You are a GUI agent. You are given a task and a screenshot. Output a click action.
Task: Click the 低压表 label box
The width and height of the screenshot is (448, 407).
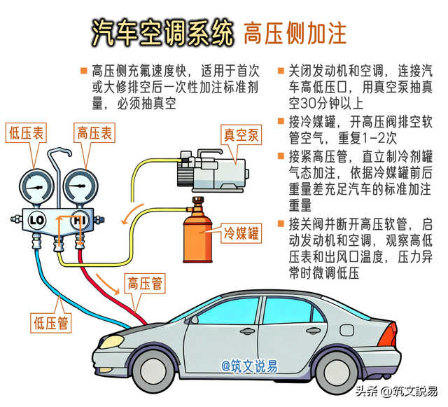pos(25,132)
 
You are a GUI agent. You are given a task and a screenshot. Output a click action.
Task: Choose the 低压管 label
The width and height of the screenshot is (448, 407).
pos(51,322)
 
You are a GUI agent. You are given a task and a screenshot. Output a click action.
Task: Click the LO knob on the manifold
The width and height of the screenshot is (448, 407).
pos(37,220)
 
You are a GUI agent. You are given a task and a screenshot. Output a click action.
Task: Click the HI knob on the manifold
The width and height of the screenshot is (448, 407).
pos(79,220)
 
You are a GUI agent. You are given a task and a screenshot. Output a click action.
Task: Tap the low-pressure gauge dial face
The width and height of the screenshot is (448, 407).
pos(36,184)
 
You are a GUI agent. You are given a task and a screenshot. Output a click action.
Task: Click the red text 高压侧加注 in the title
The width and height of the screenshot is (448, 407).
pos(294,32)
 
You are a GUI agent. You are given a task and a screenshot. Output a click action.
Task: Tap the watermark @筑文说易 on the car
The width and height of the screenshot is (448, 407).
pos(250,365)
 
